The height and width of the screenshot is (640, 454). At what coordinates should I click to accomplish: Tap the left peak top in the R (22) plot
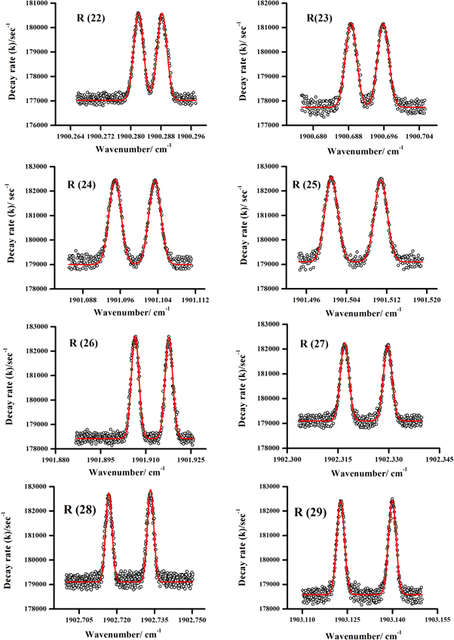click(138, 13)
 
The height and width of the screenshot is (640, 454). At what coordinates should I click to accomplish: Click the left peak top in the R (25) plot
click(330, 178)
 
